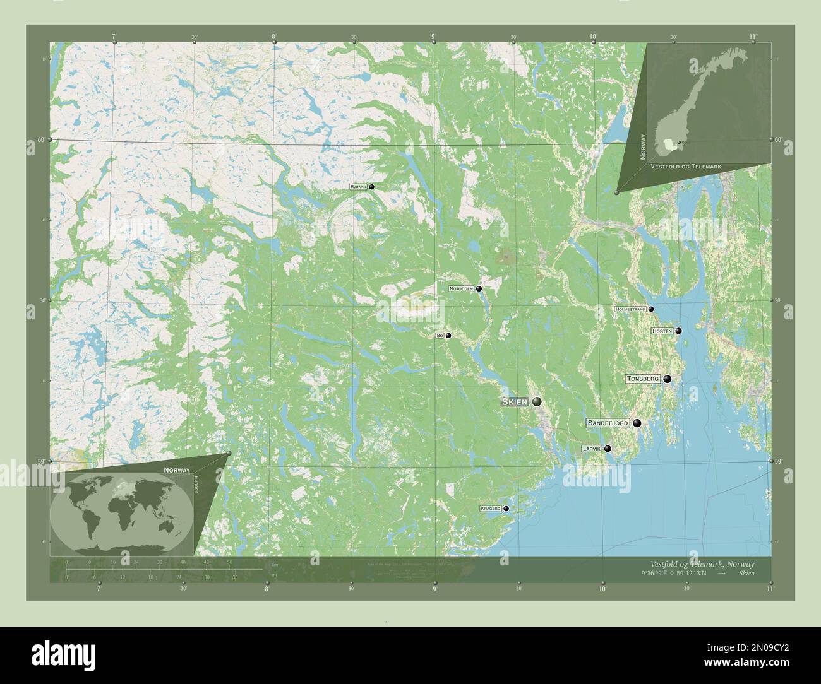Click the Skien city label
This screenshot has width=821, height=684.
515,402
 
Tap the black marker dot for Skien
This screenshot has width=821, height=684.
537,401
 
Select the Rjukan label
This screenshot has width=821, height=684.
358,187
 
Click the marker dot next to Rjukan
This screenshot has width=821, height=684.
372,187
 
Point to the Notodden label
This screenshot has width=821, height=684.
461,288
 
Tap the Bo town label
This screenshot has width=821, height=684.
440,336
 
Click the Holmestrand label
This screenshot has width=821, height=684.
630,309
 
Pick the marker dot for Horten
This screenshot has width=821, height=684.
678,331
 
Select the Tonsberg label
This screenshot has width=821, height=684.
643,379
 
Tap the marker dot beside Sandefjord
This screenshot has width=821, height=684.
637,423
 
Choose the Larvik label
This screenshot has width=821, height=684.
592,449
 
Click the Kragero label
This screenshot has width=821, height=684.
490,508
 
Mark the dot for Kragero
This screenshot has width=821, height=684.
506,508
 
